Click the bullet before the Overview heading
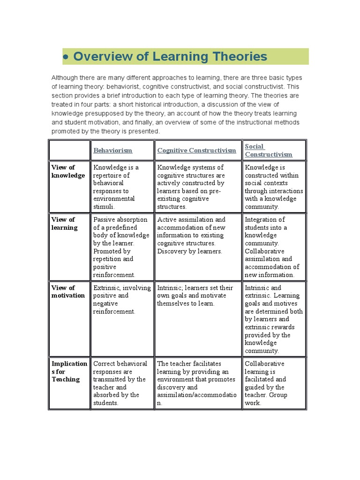tap(67, 57)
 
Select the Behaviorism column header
tap(112, 150)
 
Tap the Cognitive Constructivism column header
tap(196, 150)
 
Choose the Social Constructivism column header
tap(268, 150)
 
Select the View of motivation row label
tap(68, 292)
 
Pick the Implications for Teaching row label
tap(69, 371)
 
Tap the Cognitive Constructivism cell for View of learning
tap(198, 235)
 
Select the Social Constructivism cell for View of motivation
tap(274, 319)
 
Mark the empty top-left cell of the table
tap(69, 150)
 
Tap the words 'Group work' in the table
tap(262, 399)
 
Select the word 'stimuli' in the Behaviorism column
tap(104, 207)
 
